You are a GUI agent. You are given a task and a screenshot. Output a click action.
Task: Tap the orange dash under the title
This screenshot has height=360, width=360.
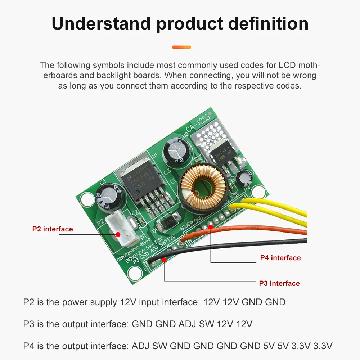[181, 47]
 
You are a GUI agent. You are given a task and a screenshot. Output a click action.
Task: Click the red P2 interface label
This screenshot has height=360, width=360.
[53, 229]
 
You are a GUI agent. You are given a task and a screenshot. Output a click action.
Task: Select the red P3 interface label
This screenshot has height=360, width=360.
[279, 283]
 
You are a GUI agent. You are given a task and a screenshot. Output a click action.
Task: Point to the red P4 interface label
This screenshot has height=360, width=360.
[280, 258]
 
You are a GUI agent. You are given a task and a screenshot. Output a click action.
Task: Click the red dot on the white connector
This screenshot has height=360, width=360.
[118, 234]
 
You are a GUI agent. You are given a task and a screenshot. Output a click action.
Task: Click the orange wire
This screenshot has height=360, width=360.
[252, 230]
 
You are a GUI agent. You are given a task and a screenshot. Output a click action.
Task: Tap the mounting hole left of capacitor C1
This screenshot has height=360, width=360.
[87, 199]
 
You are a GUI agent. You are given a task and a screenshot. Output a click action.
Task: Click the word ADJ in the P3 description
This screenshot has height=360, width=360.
[187, 324]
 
